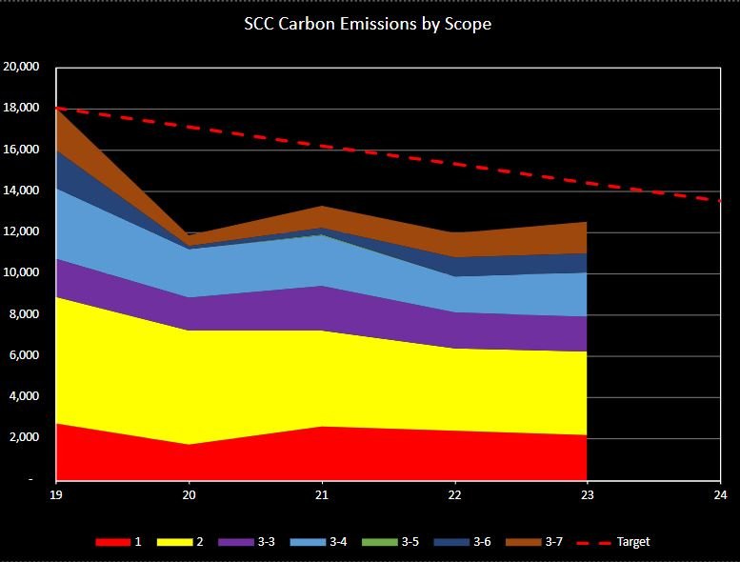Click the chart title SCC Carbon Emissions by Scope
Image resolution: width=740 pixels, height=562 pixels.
(368, 24)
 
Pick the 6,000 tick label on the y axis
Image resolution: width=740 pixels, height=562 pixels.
(24, 356)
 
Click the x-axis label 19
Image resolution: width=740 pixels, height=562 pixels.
(56, 495)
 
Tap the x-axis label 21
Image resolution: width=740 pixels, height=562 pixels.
(322, 495)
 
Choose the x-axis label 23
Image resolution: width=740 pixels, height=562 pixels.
(588, 495)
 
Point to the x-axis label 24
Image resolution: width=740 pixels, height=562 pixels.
(720, 495)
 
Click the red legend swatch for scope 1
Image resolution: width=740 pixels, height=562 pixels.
(111, 542)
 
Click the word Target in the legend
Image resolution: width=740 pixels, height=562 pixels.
(633, 542)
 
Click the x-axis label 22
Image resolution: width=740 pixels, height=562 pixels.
(455, 495)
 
